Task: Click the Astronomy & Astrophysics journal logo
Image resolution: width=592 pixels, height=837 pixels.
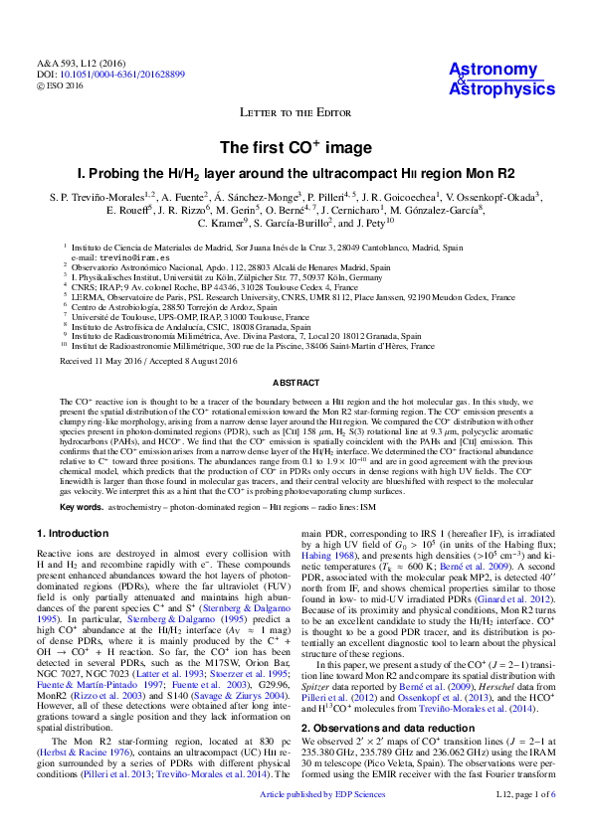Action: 501,79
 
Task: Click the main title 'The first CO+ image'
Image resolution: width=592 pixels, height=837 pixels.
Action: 296,147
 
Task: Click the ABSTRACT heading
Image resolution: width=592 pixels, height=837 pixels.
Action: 296,382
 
